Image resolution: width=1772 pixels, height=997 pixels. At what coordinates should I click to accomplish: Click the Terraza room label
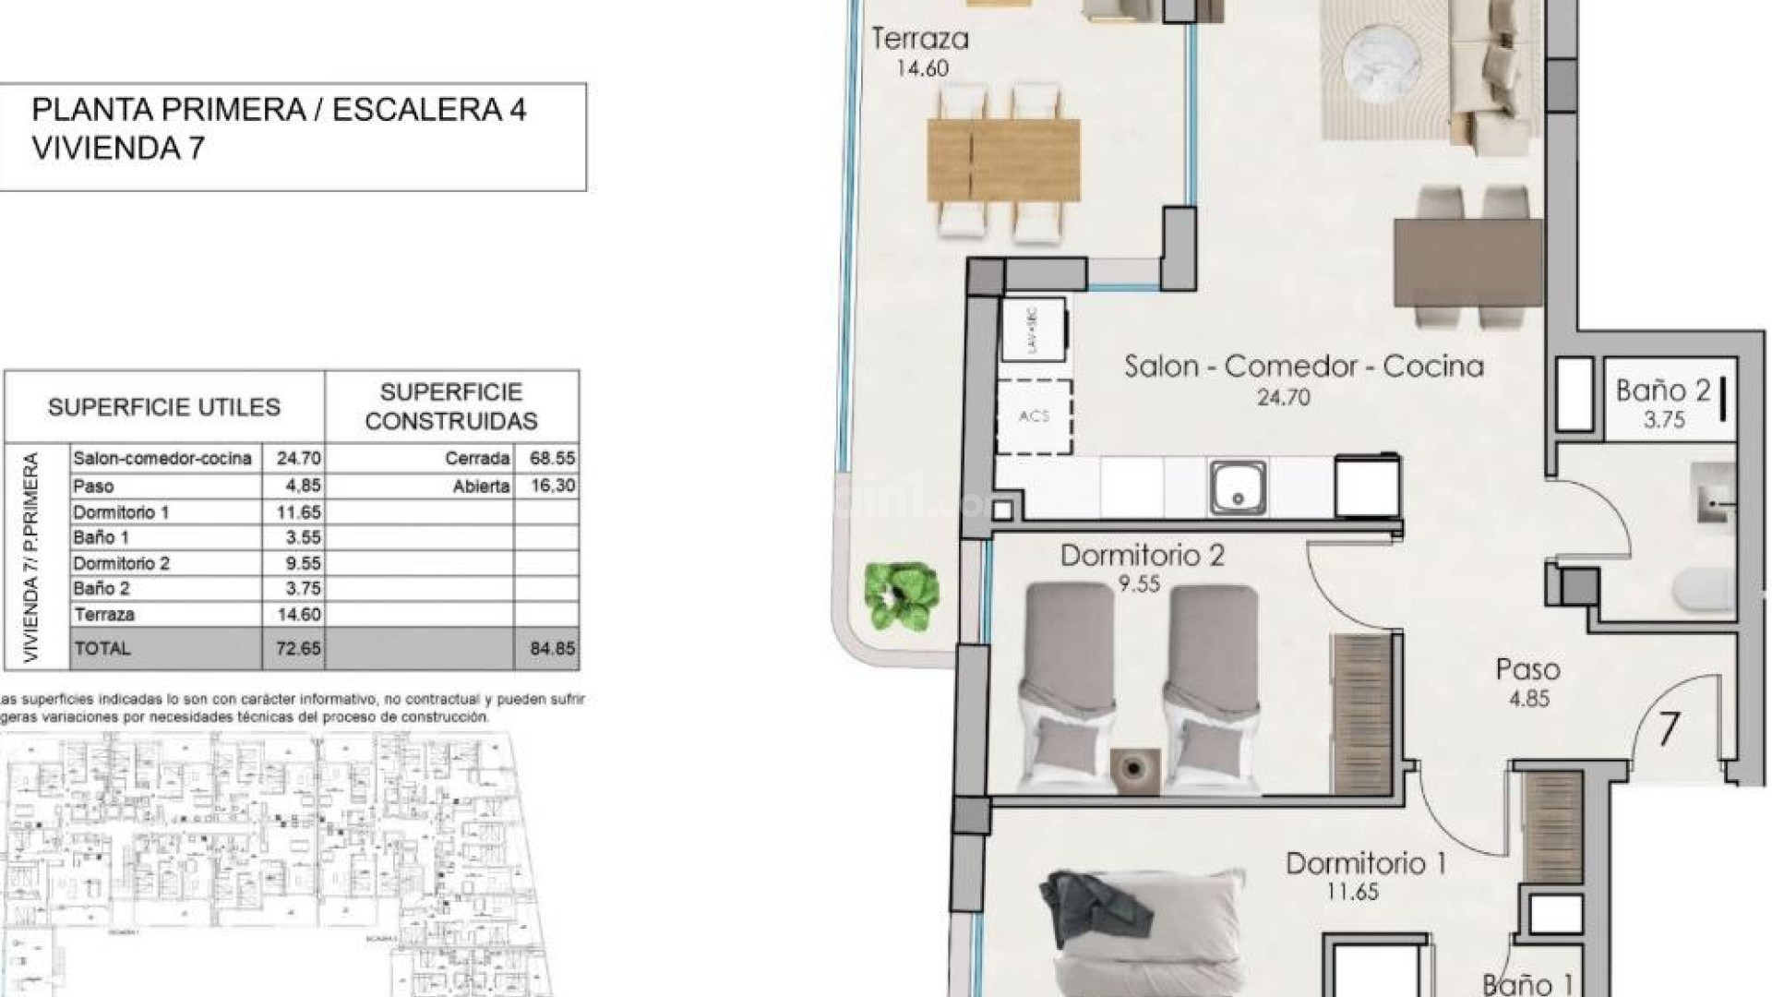pyautogui.click(x=920, y=40)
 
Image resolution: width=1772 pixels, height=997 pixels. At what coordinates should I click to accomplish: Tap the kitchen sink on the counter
pyautogui.click(x=1238, y=487)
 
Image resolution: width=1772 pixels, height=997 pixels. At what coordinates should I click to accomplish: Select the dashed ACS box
pyautogui.click(x=1035, y=416)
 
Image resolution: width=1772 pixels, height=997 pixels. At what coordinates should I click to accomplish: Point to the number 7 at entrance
pyautogui.click(x=1669, y=729)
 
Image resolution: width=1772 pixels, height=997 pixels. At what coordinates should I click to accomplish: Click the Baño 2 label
pyautogui.click(x=1662, y=390)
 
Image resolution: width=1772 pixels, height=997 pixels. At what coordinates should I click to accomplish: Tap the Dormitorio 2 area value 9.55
pyautogui.click(x=1138, y=584)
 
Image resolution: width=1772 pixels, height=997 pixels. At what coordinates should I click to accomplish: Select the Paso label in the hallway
pyautogui.click(x=1527, y=669)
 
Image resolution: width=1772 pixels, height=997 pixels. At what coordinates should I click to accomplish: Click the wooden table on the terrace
pyautogui.click(x=1003, y=160)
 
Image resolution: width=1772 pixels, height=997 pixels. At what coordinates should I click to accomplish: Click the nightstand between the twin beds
pyautogui.click(x=1135, y=768)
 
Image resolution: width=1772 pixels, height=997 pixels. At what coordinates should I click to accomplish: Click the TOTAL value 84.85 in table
pyautogui.click(x=552, y=649)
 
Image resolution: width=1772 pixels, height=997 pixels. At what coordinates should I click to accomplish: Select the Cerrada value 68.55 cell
pyautogui.click(x=552, y=458)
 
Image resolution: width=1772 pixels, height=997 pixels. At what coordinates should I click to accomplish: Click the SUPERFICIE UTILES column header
pyautogui.click(x=164, y=407)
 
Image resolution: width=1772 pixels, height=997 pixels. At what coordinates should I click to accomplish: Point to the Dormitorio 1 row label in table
pyautogui.click(x=121, y=512)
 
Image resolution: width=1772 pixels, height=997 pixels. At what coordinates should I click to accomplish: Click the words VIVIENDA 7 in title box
pyautogui.click(x=118, y=148)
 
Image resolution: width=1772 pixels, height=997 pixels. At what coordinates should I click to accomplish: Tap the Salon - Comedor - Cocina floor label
pyautogui.click(x=1303, y=366)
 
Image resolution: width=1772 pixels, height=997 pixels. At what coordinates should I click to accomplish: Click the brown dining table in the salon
pyautogui.click(x=1467, y=263)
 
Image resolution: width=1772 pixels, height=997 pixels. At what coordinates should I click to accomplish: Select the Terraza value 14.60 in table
pyautogui.click(x=298, y=615)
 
